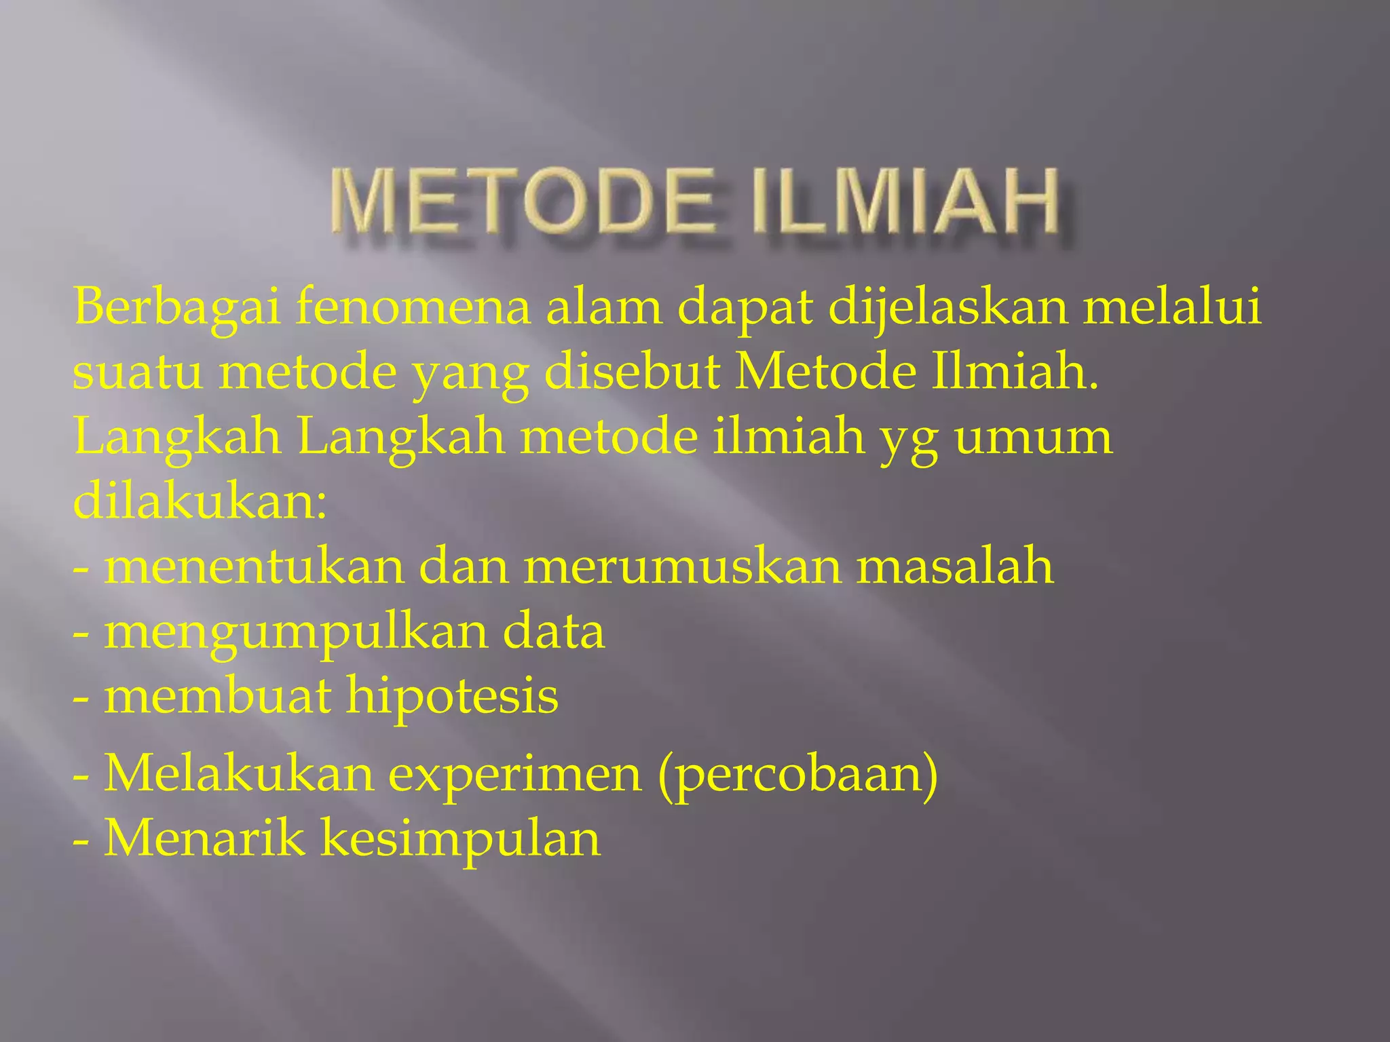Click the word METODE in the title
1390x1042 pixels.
coord(523,203)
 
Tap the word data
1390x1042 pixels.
coord(554,632)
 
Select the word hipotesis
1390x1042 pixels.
coord(452,698)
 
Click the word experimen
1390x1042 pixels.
coord(515,775)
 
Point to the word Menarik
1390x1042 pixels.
coord(204,839)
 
